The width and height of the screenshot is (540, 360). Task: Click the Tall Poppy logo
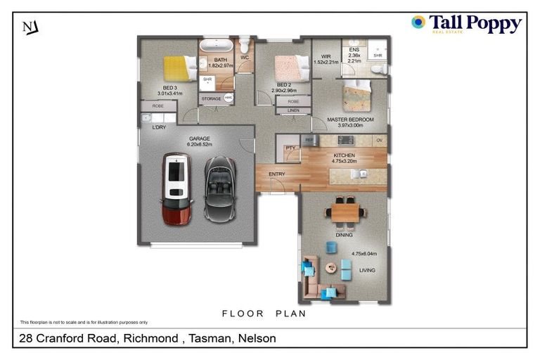click(x=466, y=25)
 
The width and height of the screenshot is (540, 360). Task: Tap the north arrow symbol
click(x=30, y=27)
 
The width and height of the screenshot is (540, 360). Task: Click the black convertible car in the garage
click(x=219, y=188)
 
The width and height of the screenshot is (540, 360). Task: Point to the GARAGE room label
click(x=199, y=139)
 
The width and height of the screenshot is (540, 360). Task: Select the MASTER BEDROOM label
click(x=349, y=120)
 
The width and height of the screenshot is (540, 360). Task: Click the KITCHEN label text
click(x=344, y=155)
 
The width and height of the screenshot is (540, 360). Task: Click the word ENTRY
click(x=276, y=174)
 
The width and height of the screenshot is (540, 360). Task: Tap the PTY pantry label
click(x=290, y=148)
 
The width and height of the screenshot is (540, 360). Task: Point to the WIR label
click(x=326, y=56)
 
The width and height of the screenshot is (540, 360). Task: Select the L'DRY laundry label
click(x=160, y=127)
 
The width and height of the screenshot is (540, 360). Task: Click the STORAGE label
click(x=211, y=98)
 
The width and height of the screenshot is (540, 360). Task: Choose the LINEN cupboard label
click(x=293, y=110)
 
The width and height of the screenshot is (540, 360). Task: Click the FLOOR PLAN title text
click(x=264, y=314)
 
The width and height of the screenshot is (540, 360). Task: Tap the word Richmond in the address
click(x=150, y=338)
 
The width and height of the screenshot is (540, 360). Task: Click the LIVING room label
click(x=367, y=270)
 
